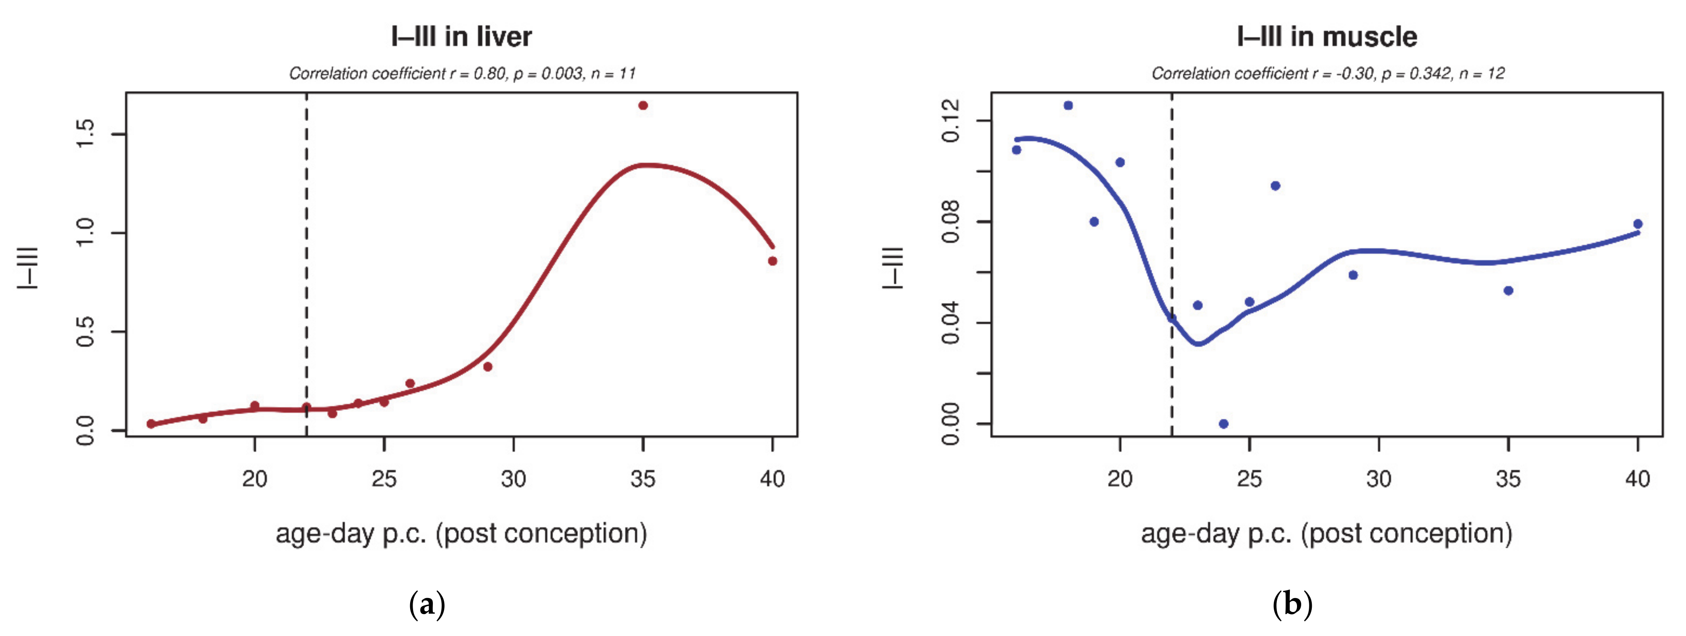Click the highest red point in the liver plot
(643, 105)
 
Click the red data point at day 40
(772, 261)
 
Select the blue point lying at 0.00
(1223, 424)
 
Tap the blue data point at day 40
(1637, 224)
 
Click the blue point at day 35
(1508, 291)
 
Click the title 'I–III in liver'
(462, 37)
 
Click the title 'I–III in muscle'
(1327, 37)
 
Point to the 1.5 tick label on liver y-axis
(86, 134)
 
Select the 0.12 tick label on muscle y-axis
(950, 120)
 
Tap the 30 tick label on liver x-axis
(513, 479)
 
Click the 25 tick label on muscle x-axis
(1249, 479)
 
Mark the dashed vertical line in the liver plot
(306, 262)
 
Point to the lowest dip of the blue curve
(1198, 344)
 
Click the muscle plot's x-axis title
(1327, 533)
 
